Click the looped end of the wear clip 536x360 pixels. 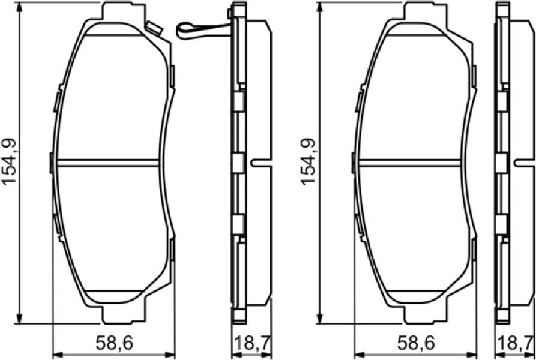coord(182,30)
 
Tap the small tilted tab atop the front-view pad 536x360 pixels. coord(154,28)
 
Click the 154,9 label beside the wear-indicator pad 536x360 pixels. coord(9,162)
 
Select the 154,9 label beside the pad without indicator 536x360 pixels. coord(308,162)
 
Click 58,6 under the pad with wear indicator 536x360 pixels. coord(114,344)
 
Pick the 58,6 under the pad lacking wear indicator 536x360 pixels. coord(416,344)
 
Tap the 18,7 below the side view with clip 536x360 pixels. coord(251,344)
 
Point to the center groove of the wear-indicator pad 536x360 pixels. coord(108,163)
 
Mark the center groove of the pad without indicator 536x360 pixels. coord(410,163)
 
